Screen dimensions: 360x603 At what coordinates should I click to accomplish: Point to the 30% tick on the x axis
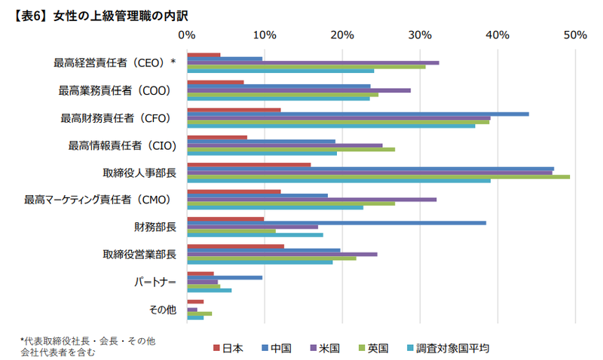click(x=419, y=35)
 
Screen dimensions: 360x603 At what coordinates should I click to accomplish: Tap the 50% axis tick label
click(x=574, y=35)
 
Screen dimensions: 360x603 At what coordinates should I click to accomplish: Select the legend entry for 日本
click(x=229, y=348)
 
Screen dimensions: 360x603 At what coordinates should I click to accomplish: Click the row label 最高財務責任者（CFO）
click(x=116, y=117)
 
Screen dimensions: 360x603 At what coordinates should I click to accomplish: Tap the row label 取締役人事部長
click(x=139, y=173)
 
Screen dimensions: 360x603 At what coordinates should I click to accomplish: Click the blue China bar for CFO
click(x=357, y=114)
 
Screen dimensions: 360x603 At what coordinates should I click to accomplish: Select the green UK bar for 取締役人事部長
click(x=378, y=177)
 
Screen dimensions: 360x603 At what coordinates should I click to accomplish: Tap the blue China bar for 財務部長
click(x=336, y=223)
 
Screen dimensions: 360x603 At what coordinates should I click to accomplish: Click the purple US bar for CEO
click(x=313, y=63)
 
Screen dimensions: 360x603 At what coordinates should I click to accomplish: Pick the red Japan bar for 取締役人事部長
click(x=249, y=164)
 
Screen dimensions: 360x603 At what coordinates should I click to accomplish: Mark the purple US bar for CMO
click(x=311, y=200)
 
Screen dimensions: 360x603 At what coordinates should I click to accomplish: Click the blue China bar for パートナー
click(x=225, y=277)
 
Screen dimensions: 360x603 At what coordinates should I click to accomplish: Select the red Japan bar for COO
click(x=215, y=82)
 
